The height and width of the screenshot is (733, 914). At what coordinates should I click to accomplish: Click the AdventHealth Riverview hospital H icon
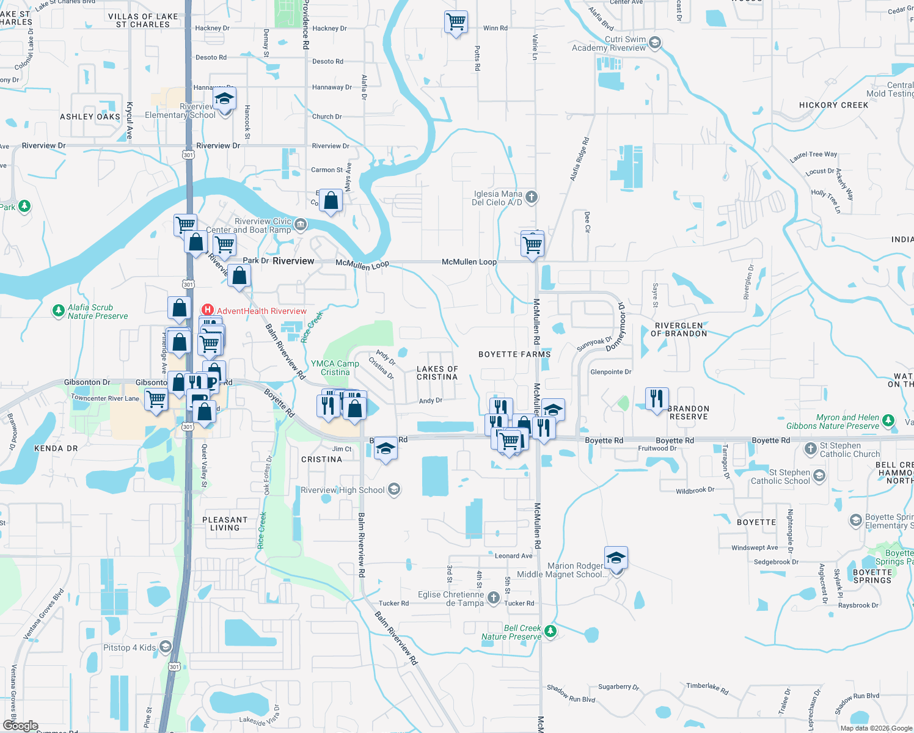pyautogui.click(x=208, y=310)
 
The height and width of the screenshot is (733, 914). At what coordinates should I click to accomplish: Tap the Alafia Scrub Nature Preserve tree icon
pyautogui.click(x=58, y=311)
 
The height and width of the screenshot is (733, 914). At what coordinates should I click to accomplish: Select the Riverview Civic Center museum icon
pyautogui.click(x=301, y=225)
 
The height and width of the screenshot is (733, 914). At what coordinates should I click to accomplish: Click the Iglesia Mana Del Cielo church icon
pyautogui.click(x=532, y=197)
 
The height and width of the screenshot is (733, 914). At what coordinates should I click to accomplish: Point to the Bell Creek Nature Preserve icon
pyautogui.click(x=550, y=631)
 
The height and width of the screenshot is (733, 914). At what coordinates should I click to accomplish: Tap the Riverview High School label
pyautogui.click(x=343, y=490)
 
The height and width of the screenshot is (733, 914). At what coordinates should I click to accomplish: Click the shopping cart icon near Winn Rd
pyautogui.click(x=456, y=22)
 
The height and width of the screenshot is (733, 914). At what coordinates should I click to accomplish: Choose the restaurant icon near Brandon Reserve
pyautogui.click(x=657, y=399)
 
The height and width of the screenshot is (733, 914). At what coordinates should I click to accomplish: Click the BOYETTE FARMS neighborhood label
pyautogui.click(x=514, y=354)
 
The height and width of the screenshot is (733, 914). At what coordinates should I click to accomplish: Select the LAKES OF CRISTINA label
pyautogui.click(x=437, y=373)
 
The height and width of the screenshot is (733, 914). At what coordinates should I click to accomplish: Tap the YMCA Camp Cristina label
pyautogui.click(x=335, y=368)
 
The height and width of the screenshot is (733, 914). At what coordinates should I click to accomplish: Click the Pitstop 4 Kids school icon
pyautogui.click(x=166, y=647)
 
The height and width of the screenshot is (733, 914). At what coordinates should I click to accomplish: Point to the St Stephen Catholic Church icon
pyautogui.click(x=810, y=450)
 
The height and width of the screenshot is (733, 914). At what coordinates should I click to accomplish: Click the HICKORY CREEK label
pyautogui.click(x=833, y=105)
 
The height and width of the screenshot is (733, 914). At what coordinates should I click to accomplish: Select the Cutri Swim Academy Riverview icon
pyautogui.click(x=655, y=43)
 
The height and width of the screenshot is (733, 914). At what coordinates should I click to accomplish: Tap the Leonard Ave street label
pyautogui.click(x=513, y=556)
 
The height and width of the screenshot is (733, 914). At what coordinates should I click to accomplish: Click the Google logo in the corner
pyautogui.click(x=20, y=726)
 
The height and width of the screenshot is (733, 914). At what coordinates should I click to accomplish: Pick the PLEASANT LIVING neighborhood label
pyautogui.click(x=225, y=523)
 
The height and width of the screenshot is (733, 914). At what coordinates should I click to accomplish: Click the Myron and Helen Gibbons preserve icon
pyautogui.click(x=888, y=421)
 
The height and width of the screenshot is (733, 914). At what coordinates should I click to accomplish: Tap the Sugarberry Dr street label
pyautogui.click(x=618, y=687)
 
